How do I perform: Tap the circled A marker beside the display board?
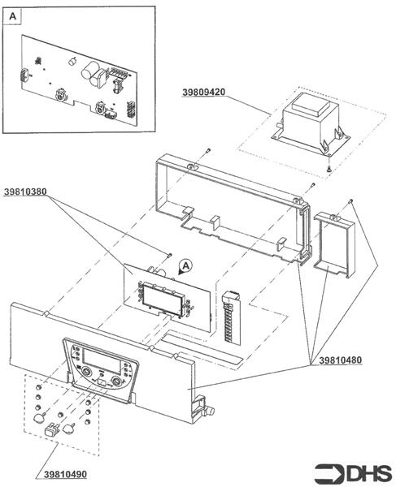(185, 265)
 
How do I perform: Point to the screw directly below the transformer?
(328, 168)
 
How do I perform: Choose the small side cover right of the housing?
(333, 243)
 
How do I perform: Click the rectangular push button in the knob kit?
(54, 429)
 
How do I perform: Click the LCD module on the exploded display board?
(163, 299)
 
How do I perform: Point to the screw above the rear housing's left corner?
(207, 151)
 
